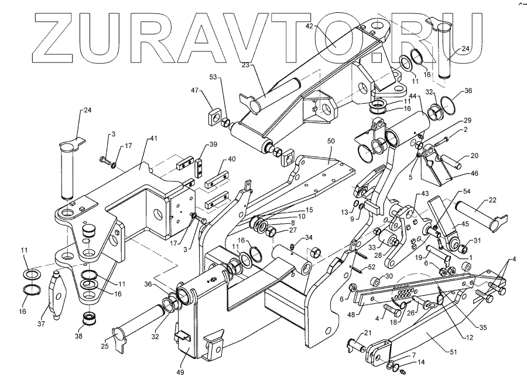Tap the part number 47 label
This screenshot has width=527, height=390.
click(x=196, y=91)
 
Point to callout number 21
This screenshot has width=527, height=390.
click(x=367, y=333)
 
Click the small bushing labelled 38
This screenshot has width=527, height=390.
click(x=90, y=321)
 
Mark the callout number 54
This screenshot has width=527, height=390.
click(x=467, y=192)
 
